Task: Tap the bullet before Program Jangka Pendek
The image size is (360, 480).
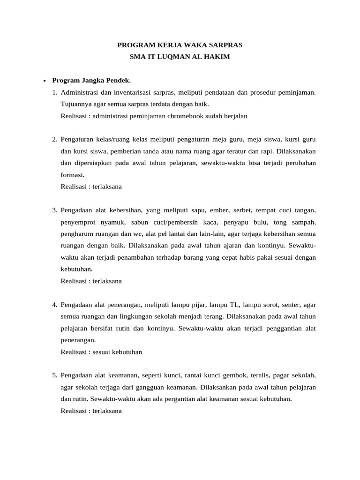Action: coord(44,81)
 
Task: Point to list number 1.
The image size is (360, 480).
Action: coord(55,92)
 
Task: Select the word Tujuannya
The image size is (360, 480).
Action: coord(76,104)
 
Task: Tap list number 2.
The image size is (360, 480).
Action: coord(55,139)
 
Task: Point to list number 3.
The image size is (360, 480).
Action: coord(55,210)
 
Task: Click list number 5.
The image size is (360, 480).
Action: coord(55,375)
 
